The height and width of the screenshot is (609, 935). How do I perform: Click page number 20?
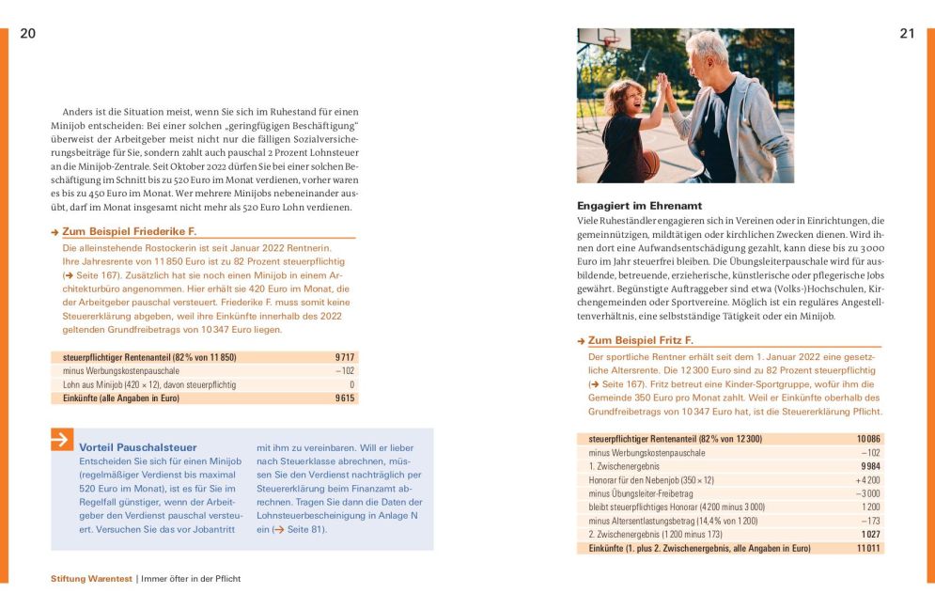(x=27, y=34)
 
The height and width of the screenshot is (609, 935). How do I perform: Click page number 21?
(x=907, y=34)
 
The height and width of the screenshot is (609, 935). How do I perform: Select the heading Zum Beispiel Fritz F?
(x=641, y=340)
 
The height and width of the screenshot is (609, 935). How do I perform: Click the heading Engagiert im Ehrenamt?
(x=639, y=205)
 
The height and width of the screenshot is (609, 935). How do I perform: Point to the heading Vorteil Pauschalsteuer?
(x=138, y=447)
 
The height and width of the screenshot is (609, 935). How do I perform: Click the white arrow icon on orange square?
(x=62, y=439)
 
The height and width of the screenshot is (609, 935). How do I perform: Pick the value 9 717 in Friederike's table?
(x=344, y=358)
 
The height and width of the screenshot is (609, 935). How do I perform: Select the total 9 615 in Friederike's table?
(x=344, y=398)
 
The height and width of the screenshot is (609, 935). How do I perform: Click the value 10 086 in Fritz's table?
(x=868, y=439)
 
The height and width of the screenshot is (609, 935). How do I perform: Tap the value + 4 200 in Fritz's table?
(x=867, y=480)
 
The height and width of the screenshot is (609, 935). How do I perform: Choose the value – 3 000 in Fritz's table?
(x=867, y=493)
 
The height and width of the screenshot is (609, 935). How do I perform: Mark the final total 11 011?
(x=868, y=549)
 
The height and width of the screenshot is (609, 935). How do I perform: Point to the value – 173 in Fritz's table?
(x=870, y=521)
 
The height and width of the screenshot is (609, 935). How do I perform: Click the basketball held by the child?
(x=648, y=164)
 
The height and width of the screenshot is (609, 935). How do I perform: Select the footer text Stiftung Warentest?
(x=91, y=579)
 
